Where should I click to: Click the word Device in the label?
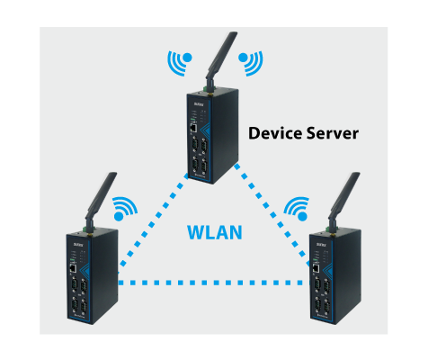275,133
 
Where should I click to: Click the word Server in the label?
333,133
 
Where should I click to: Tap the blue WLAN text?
215,232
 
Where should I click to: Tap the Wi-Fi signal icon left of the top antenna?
180,63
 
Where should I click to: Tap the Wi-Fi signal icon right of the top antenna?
251,63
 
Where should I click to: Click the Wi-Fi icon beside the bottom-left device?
125,209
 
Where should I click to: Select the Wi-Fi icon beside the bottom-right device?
297,209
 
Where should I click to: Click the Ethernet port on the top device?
193,128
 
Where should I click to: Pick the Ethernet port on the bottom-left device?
73,268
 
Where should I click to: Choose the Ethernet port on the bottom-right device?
316,268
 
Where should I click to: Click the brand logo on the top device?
199,104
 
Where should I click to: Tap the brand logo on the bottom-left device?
78,245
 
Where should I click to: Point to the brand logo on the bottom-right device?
321,245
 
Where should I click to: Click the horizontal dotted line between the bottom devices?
214,283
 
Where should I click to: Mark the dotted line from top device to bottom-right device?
272,215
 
